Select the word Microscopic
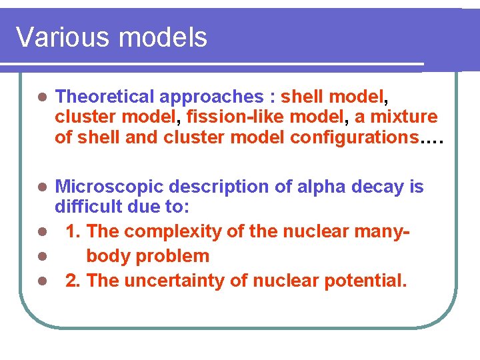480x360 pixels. click(105, 187)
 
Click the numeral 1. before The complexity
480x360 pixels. click(73, 232)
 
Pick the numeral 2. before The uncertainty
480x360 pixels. click(73, 281)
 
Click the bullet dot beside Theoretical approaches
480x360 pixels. click(41, 97)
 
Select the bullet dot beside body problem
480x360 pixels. click(41, 257)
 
